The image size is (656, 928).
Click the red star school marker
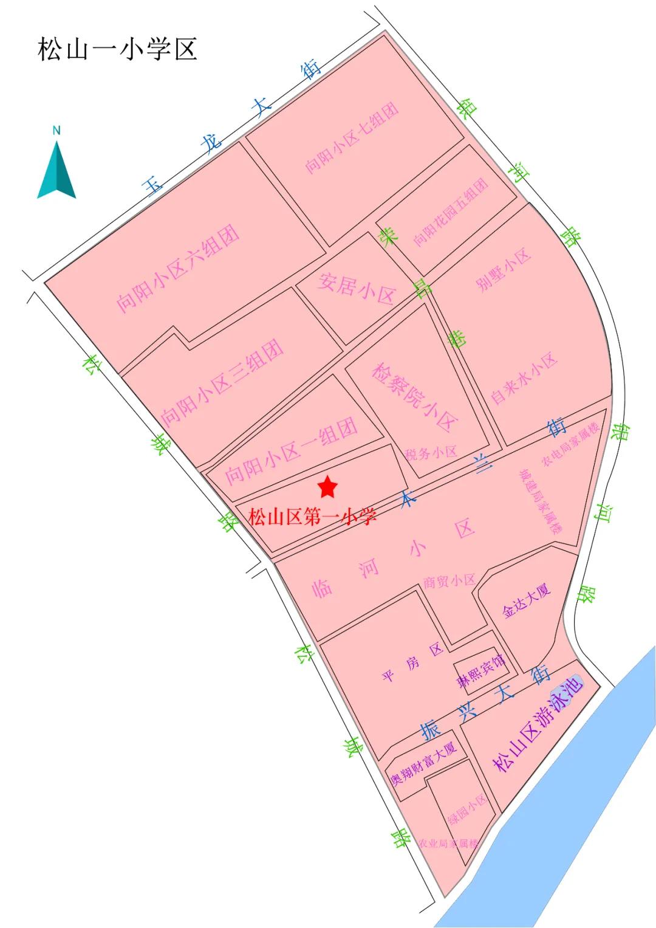tap(327, 486)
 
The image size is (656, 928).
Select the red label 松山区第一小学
tap(312, 517)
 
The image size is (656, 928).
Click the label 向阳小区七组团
tap(352, 137)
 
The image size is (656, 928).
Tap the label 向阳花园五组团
tap(451, 212)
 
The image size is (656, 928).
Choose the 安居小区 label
tap(357, 288)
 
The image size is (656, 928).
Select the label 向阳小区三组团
tap(222, 382)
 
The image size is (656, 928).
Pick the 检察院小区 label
tap(414, 397)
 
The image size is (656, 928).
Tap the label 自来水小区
tap(524, 378)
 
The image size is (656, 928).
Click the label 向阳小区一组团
tap(292, 452)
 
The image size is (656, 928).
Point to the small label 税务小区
tap(431, 453)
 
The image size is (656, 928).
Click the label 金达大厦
tap(526, 601)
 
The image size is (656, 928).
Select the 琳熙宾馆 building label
tap(481, 670)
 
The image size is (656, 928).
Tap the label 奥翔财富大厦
tap(423, 763)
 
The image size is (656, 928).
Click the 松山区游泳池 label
tap(538, 723)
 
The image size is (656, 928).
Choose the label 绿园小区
tap(467, 809)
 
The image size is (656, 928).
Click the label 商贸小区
tap(449, 581)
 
